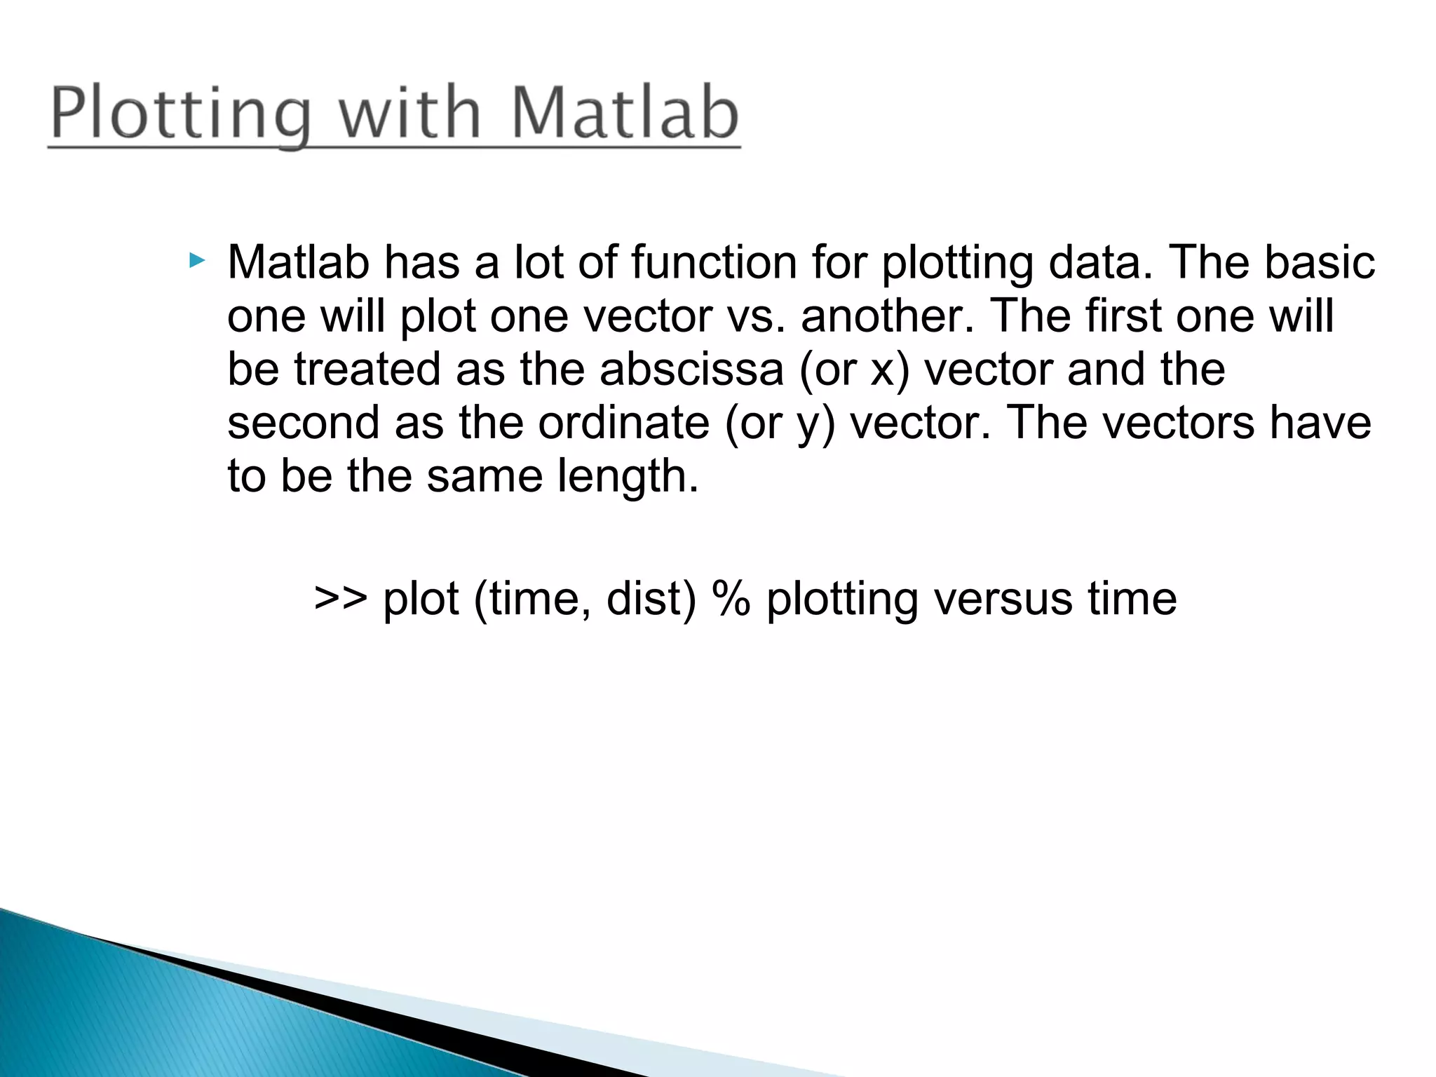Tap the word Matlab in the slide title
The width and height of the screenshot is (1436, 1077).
pyautogui.click(x=625, y=112)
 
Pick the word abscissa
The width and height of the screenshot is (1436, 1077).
pyautogui.click(x=691, y=370)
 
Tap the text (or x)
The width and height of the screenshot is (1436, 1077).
pyautogui.click(x=854, y=370)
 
